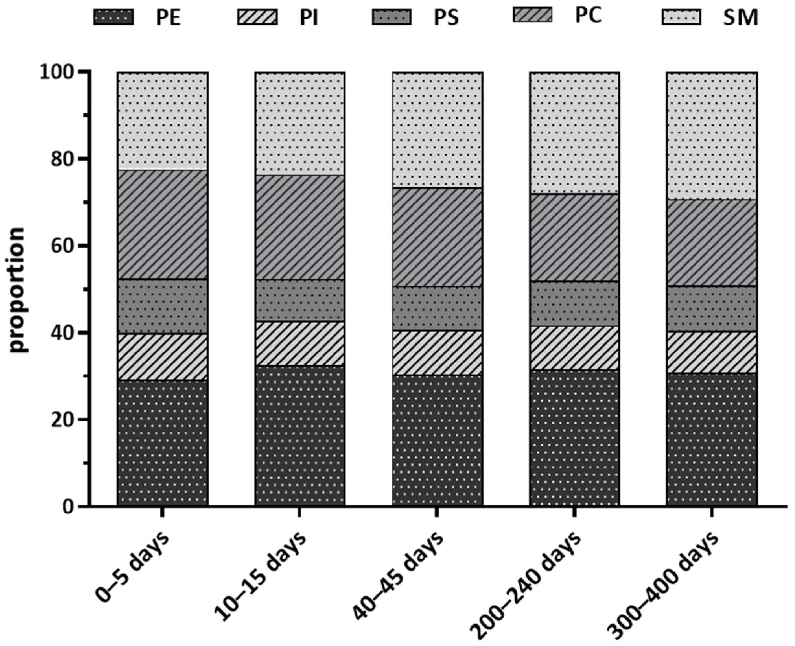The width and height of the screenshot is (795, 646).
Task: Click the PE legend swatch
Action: click(113, 17)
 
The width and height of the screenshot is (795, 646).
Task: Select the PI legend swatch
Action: click(257, 17)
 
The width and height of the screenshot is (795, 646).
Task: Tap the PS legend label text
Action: click(446, 18)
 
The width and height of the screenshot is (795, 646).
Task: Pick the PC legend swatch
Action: click(532, 14)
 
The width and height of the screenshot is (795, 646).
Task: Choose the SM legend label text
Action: click(740, 18)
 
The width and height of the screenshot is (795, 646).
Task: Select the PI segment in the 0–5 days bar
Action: click(163, 356)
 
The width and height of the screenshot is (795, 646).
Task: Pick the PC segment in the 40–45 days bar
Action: click(437, 237)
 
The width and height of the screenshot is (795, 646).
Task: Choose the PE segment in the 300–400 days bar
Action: click(712, 439)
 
